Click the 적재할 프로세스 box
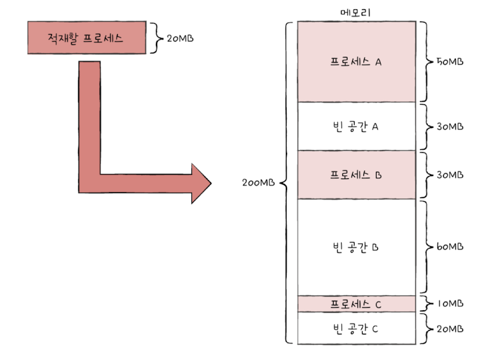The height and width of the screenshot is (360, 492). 86,38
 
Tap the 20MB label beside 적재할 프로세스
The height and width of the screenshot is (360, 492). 180,38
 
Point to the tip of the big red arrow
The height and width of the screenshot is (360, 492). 211,183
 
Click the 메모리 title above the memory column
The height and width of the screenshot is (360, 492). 356,12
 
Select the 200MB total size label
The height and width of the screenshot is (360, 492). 259,183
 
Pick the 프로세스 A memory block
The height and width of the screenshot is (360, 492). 356,62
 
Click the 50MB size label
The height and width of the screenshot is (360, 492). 450,62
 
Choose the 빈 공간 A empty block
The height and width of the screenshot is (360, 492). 356,127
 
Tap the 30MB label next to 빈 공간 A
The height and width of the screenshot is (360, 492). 450,127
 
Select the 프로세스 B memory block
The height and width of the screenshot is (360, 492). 356,174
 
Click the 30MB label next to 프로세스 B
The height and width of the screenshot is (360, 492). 450,174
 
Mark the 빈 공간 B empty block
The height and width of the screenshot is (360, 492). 356,247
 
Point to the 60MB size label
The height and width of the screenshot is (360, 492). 450,247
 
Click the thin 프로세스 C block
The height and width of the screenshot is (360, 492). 356,304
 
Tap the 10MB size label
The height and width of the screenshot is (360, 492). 450,304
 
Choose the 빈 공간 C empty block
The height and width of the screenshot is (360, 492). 356,329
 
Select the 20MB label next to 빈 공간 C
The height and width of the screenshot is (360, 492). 450,329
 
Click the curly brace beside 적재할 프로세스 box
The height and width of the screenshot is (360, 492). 154,38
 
